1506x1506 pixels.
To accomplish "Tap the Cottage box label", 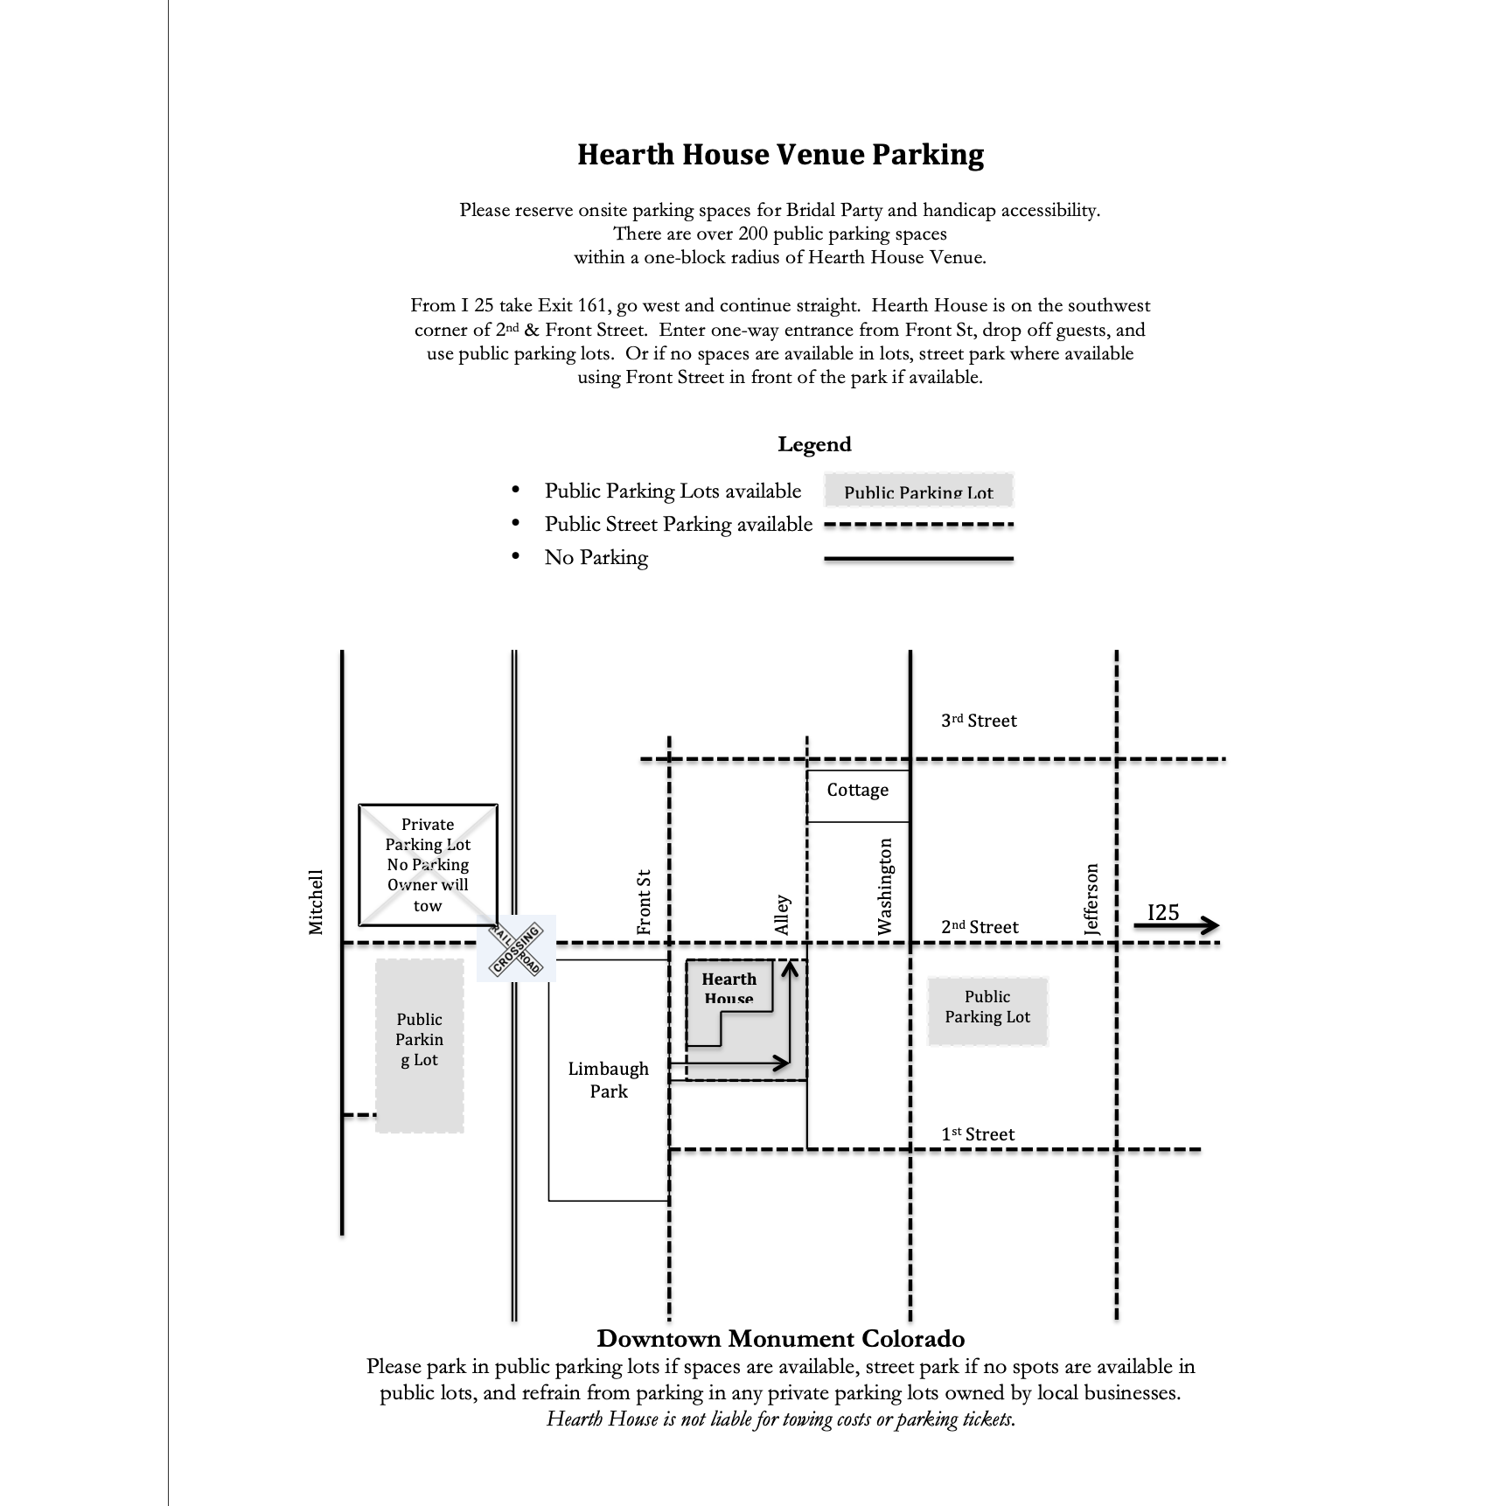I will (x=857, y=790).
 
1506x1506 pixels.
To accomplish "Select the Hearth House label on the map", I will (x=729, y=987).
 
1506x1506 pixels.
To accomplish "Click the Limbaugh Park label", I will (x=608, y=1079).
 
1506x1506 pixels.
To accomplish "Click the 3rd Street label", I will (x=979, y=721).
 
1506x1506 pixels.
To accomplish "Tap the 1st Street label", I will (x=977, y=1134).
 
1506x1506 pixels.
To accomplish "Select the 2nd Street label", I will (x=980, y=927).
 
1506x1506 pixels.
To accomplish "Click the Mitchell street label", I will (x=316, y=902).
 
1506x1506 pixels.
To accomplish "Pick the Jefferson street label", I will (x=1091, y=900).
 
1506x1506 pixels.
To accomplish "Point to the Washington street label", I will (x=885, y=886).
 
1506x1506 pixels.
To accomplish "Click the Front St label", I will (x=645, y=902).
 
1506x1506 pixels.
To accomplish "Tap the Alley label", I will (x=783, y=915).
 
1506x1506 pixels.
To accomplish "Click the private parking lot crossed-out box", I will (x=428, y=864).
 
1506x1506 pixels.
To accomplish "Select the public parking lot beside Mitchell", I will (x=420, y=1045).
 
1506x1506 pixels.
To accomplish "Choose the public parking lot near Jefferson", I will (x=987, y=1007).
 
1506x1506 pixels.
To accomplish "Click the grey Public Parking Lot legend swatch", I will (x=918, y=492).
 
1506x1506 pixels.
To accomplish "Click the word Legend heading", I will (x=814, y=444).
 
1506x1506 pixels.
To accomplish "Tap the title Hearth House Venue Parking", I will (x=780, y=155).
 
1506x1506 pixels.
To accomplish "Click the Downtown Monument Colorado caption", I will (x=780, y=1338).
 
